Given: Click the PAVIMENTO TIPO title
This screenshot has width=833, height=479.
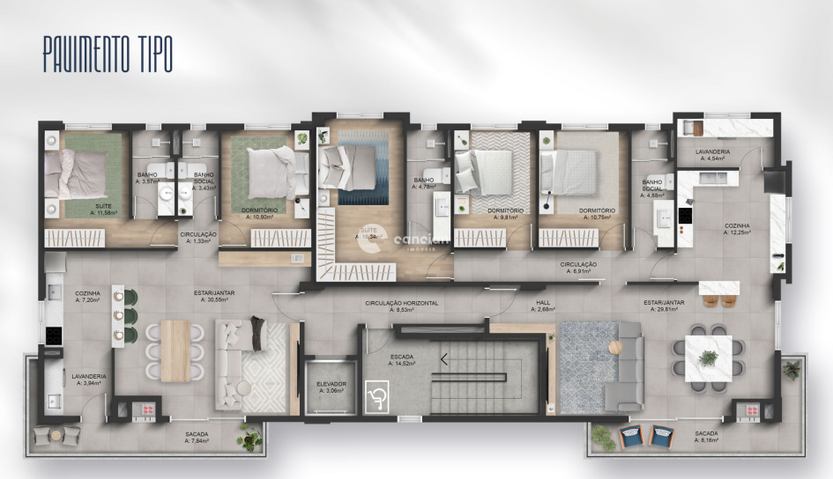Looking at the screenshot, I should [x=108, y=55].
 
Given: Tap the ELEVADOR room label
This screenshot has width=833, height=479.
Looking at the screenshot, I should [x=331, y=388].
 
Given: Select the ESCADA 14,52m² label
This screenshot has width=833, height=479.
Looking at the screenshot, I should [x=403, y=359].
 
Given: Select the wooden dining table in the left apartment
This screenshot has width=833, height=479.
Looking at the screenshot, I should [x=175, y=349].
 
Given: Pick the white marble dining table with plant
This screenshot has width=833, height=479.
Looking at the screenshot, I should [x=709, y=356].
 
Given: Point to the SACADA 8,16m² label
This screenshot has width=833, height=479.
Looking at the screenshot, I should [x=706, y=438].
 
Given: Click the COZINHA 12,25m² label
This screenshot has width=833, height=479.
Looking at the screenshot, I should [x=737, y=229].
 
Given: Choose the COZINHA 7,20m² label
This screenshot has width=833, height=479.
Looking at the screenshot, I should [x=88, y=297].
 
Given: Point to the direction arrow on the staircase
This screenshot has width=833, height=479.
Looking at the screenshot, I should [x=443, y=358].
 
